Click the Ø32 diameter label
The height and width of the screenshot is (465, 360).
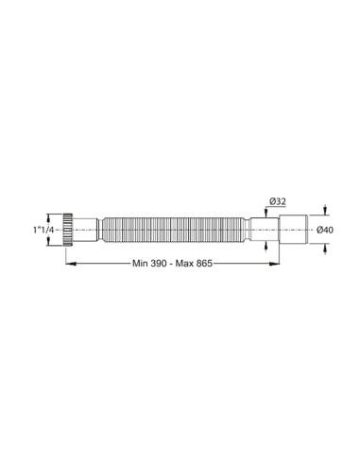[x=278, y=201]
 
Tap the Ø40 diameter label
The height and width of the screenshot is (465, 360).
[x=324, y=230]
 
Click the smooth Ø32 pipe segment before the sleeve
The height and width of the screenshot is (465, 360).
[x=262, y=230]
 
